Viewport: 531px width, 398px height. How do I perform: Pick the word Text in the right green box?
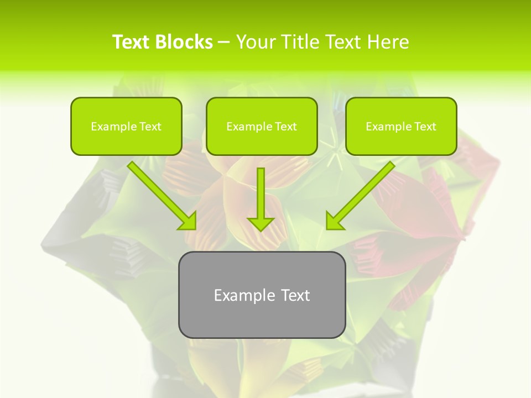(425, 127)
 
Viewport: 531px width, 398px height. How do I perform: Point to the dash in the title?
(224, 43)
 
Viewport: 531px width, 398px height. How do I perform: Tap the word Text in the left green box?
(150, 127)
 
